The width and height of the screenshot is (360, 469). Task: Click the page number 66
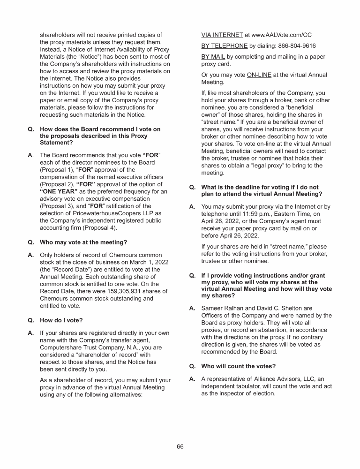180,446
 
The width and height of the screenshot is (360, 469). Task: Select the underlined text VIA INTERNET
222,35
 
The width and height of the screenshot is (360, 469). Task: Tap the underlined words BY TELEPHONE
225,46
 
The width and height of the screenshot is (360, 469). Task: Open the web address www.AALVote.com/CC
282,35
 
